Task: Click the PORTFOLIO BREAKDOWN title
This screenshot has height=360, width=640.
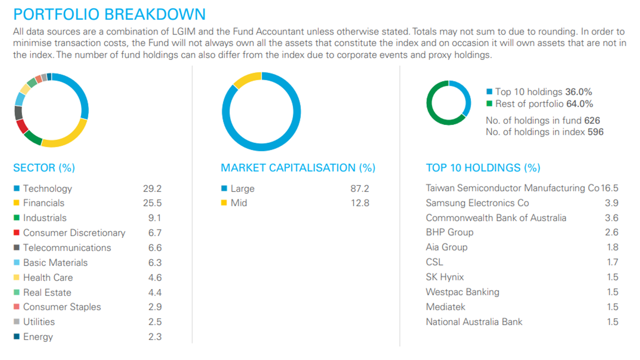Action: [x=109, y=13]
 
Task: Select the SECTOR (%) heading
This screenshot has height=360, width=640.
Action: [x=44, y=168]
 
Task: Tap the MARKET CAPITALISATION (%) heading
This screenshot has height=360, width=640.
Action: [x=298, y=168]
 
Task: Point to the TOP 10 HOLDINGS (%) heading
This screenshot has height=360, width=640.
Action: [x=483, y=168]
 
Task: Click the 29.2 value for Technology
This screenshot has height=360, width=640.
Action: [x=152, y=188]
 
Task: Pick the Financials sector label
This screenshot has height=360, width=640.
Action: [x=43, y=203]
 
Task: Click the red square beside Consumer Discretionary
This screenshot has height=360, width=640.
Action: [x=16, y=233]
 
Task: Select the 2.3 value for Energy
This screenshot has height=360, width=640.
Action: [x=155, y=337]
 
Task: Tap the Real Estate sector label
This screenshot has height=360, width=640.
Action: [x=47, y=292]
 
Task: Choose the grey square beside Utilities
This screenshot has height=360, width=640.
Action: [x=16, y=322]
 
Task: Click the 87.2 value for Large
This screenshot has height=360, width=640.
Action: [x=359, y=188]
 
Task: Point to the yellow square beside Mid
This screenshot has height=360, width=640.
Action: [x=224, y=203]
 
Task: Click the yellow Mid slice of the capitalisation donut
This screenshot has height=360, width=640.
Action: [x=247, y=78]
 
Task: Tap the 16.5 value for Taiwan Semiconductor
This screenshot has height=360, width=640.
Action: [x=610, y=188]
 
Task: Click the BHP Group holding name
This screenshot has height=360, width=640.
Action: [x=449, y=232]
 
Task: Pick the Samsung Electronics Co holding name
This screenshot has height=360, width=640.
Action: [x=477, y=203]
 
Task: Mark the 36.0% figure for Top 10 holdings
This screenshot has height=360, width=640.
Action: [x=579, y=92]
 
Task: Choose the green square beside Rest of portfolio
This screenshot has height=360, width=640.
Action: [x=489, y=104]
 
